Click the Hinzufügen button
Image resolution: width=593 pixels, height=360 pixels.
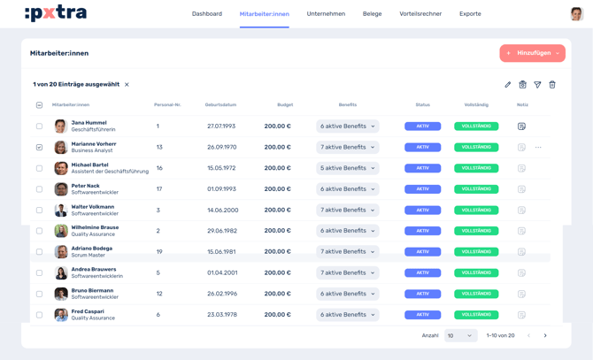(x=532, y=53)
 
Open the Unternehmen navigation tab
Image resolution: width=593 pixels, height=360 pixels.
(x=326, y=14)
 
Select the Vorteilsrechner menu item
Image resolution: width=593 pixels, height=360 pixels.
(x=420, y=14)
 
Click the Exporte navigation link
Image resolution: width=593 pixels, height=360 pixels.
(x=470, y=14)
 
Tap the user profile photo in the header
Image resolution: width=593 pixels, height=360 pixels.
(x=576, y=14)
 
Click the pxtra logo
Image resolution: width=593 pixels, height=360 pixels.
(x=56, y=13)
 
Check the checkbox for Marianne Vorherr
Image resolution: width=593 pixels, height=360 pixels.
(x=39, y=147)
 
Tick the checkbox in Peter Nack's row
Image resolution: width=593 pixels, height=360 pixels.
(x=39, y=189)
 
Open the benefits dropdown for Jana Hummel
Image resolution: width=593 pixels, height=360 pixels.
(x=347, y=126)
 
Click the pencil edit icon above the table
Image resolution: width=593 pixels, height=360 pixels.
(x=507, y=85)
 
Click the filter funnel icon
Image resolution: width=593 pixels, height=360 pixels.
(x=537, y=85)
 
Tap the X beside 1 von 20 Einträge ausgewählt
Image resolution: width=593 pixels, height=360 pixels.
(x=127, y=85)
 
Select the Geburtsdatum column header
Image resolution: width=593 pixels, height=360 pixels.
(x=220, y=105)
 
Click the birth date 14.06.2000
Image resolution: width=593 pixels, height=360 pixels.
(x=222, y=211)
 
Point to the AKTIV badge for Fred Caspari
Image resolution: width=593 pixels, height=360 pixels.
(x=422, y=315)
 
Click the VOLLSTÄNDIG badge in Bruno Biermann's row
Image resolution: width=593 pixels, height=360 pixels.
(x=476, y=294)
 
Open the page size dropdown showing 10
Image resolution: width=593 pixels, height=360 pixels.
(x=460, y=336)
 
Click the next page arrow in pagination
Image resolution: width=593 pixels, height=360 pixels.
(x=545, y=336)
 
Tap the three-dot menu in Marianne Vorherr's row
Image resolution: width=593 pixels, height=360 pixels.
(x=538, y=148)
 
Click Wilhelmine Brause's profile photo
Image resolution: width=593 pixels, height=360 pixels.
(x=61, y=231)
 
